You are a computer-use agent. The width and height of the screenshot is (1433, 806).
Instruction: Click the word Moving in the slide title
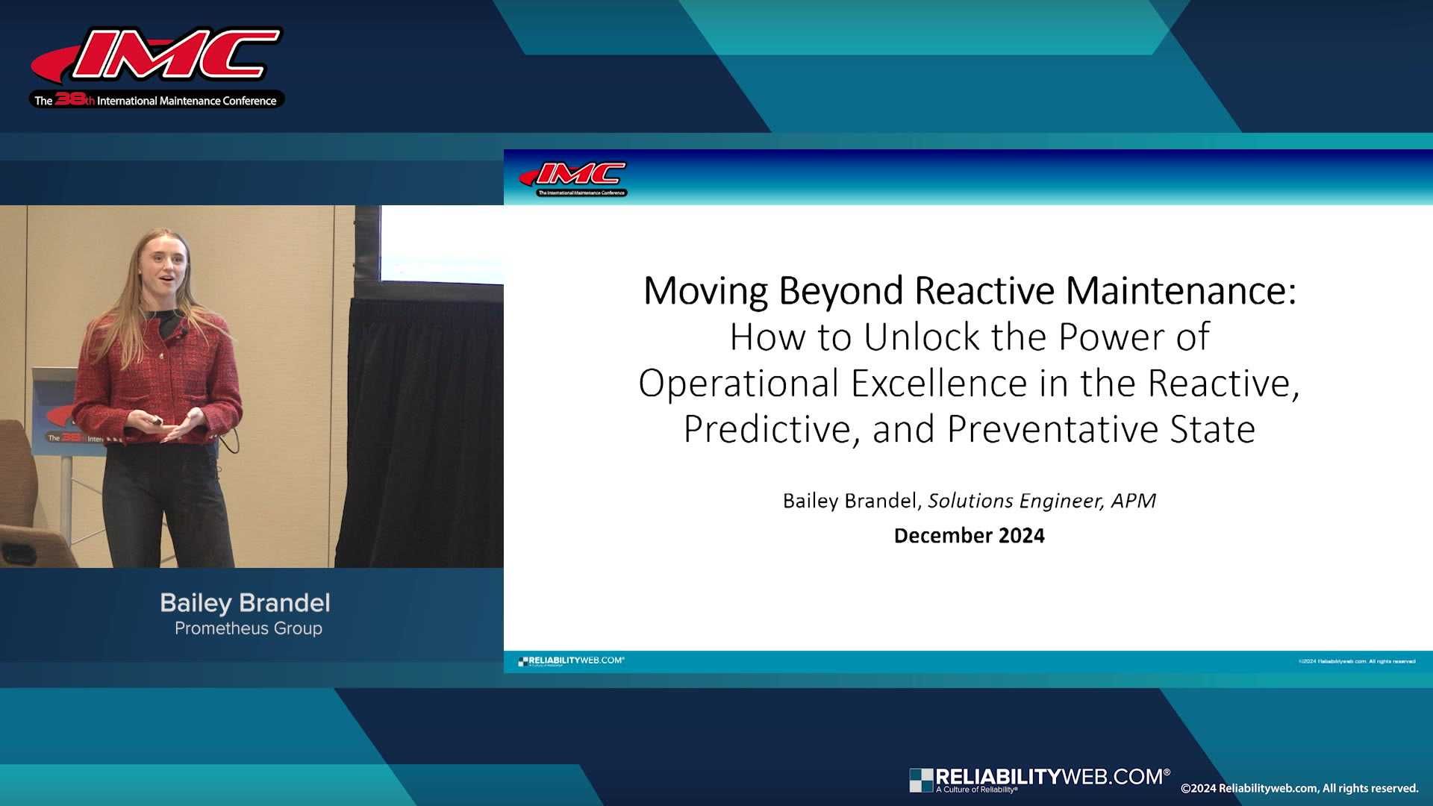point(705,291)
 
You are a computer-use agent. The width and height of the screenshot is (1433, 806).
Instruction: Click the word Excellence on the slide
point(938,384)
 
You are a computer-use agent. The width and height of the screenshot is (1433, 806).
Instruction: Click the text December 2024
point(969,536)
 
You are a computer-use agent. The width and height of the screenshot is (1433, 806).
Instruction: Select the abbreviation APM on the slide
point(1133,501)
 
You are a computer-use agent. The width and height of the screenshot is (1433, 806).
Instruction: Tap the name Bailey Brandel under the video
point(245,603)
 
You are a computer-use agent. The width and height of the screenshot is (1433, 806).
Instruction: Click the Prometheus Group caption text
point(249,628)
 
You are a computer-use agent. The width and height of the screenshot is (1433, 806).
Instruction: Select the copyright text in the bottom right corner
point(1299,789)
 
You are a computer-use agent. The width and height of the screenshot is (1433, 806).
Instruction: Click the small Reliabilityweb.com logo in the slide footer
point(571,661)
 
